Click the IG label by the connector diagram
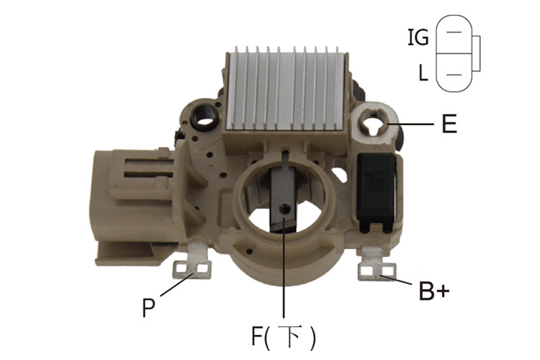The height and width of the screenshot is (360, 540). pyautogui.click(x=418, y=37)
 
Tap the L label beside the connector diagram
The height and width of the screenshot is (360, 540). pyautogui.click(x=423, y=73)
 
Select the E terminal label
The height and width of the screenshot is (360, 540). pyautogui.click(x=449, y=124)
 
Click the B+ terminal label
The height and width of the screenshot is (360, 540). pyautogui.click(x=434, y=291)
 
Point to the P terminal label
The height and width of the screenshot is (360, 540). pyautogui.click(x=148, y=307)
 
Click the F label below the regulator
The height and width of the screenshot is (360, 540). pyautogui.click(x=257, y=336)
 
